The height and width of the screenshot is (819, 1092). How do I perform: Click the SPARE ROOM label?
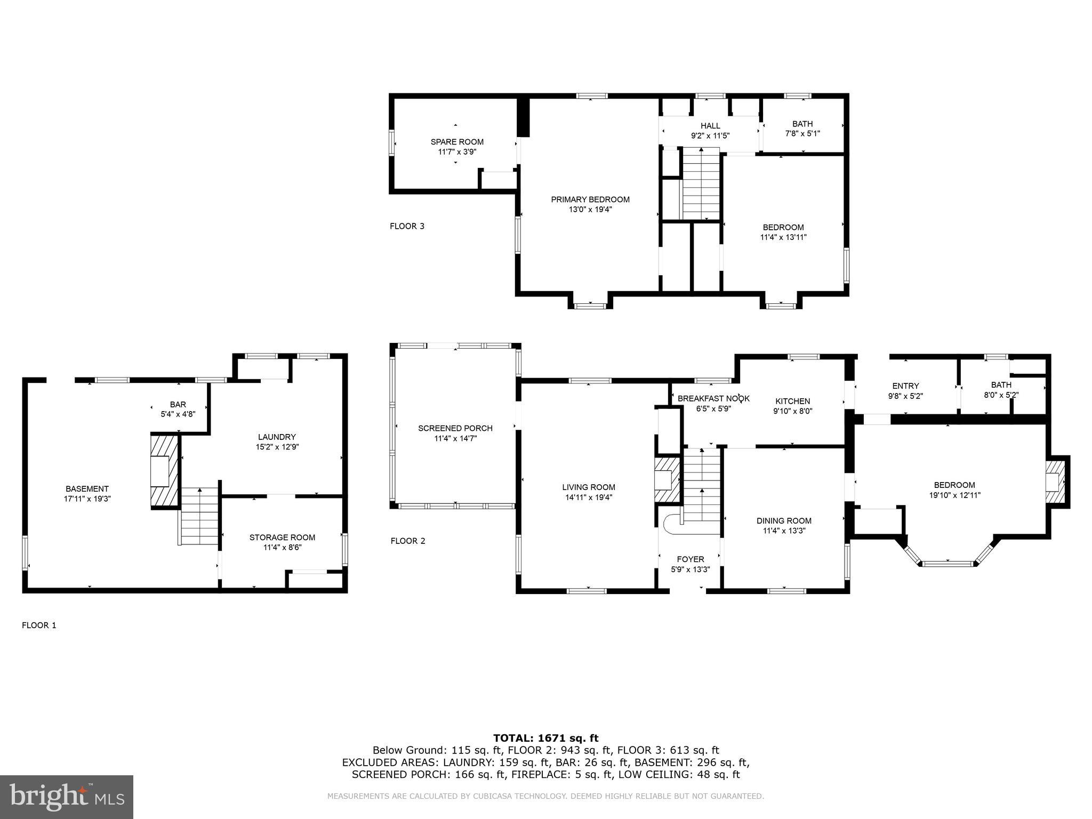tap(457, 142)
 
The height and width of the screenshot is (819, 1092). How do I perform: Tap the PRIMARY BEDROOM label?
tap(590, 199)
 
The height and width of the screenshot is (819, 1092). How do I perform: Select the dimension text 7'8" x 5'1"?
tap(802, 133)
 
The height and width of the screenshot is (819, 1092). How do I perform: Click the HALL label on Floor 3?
tap(710, 126)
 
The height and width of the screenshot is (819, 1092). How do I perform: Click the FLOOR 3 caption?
tap(407, 226)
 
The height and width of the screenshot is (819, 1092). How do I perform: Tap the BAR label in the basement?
tap(178, 405)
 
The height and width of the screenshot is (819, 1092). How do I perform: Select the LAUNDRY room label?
tap(277, 437)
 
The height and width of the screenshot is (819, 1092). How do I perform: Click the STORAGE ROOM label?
tap(282, 537)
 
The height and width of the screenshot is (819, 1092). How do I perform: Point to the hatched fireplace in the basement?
tap(164, 471)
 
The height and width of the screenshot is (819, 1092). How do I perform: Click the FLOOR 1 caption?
tap(39, 625)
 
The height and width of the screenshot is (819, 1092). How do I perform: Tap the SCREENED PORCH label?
tap(455, 428)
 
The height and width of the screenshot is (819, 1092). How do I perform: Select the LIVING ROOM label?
tap(588, 487)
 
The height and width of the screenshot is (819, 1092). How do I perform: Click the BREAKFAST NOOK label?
tap(713, 399)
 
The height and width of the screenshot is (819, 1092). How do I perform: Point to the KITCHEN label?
tap(792, 402)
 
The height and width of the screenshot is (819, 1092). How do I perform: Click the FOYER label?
tap(690, 559)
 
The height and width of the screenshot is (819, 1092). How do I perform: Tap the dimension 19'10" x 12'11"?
tap(954, 495)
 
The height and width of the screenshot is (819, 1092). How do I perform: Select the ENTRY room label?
tap(905, 386)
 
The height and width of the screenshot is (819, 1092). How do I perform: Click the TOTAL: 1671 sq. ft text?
tap(545, 738)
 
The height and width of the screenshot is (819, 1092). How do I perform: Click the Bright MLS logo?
tap(67, 797)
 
